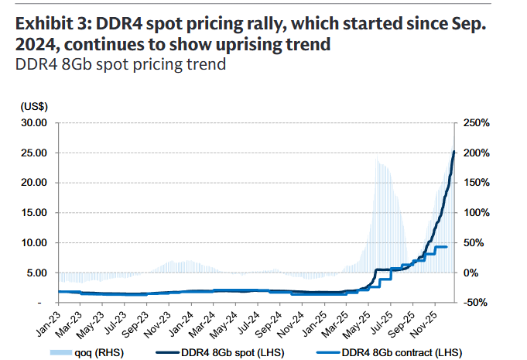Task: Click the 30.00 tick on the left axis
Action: pos(34,123)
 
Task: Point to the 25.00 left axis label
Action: pos(34,153)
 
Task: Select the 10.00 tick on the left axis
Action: pos(34,243)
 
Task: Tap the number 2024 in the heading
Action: pos(37,45)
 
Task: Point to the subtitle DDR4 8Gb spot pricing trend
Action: pos(120,65)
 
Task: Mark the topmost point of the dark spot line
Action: pos(453,152)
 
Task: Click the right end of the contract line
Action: pos(447,247)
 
